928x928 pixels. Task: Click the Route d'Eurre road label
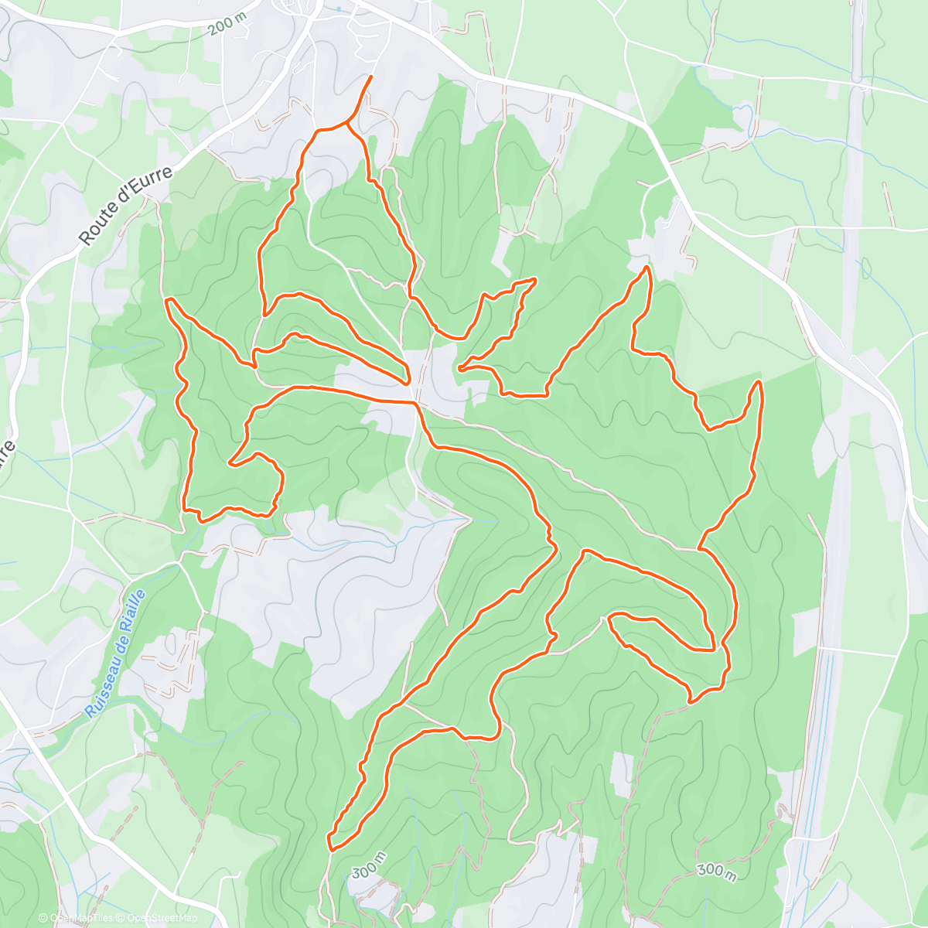[x=128, y=205]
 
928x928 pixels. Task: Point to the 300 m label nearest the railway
[x=716, y=871]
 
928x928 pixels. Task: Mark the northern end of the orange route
[x=371, y=77]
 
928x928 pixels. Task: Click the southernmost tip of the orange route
[x=330, y=848]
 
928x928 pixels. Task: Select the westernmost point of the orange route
[x=166, y=299]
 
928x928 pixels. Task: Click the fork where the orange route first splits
[x=346, y=123]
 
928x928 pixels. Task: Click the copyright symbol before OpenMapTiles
[x=43, y=918]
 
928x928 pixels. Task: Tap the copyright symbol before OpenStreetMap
[x=122, y=918]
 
